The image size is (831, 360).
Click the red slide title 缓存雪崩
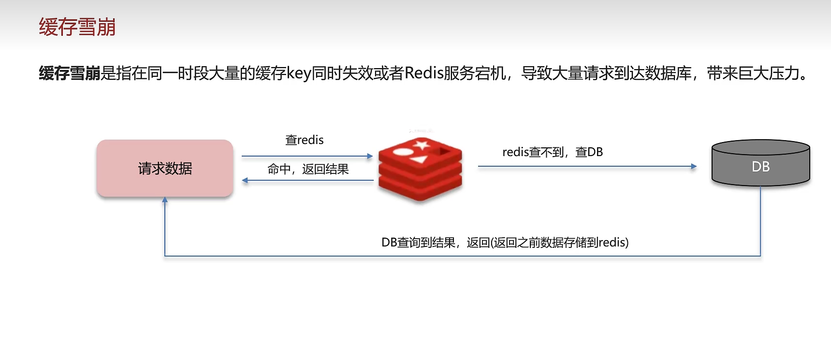tap(77, 27)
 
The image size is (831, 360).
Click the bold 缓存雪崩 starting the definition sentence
tap(70, 73)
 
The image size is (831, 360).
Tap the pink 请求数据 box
tap(165, 168)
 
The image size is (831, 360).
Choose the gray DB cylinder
tap(760, 164)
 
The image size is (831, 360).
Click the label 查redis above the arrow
tap(305, 140)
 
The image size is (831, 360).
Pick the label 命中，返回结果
tap(308, 169)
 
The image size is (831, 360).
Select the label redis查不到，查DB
tap(553, 152)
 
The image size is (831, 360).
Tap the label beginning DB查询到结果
tap(505, 243)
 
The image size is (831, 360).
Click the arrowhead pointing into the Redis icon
tap(370, 156)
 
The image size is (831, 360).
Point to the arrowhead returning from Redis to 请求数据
tap(245, 180)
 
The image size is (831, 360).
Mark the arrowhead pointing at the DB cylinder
tap(694, 166)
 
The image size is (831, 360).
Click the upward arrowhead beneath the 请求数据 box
tap(165, 200)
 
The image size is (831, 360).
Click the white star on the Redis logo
tap(422, 144)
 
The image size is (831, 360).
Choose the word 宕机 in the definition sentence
tap(490, 73)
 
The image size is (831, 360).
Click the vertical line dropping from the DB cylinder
tap(760, 220)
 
